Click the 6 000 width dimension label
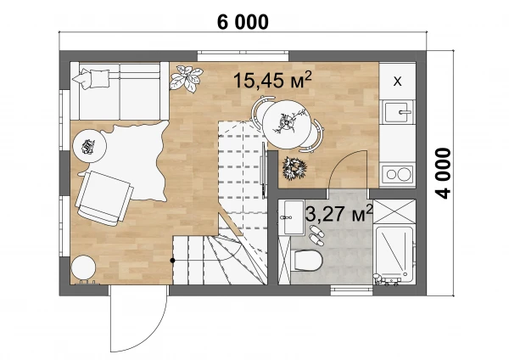[243, 22]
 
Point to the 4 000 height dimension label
[443, 173]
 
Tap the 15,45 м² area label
[272, 80]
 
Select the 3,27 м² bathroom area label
[339, 213]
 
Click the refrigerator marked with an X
[397, 81]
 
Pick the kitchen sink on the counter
[398, 112]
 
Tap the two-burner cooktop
[398, 174]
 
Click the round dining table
[287, 125]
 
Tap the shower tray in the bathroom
[394, 253]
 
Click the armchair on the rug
[104, 198]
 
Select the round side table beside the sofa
[90, 146]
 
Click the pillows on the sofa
[92, 78]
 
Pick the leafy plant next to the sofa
[187, 78]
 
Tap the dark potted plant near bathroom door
[294, 168]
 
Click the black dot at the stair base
[173, 261]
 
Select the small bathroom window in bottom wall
[351, 290]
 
